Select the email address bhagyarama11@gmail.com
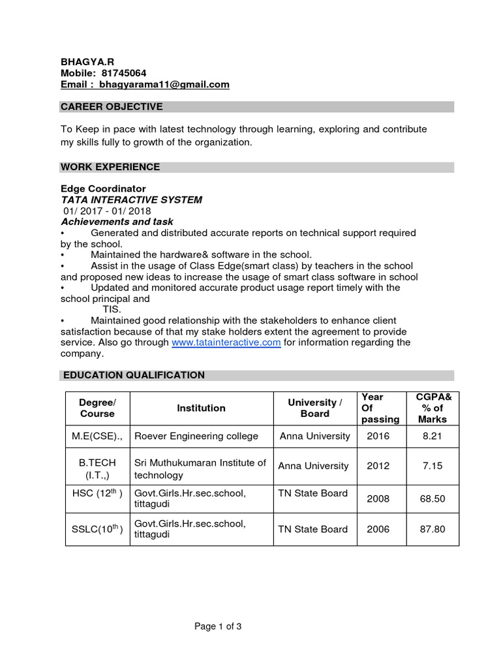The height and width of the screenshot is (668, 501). [x=164, y=85]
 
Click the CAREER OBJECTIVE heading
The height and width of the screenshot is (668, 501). [x=112, y=107]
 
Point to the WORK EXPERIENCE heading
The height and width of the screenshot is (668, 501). [x=110, y=167]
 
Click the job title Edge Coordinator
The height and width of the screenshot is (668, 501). [x=103, y=189]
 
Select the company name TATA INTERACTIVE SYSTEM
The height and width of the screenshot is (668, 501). [x=131, y=200]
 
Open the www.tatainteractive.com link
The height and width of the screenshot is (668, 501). [x=226, y=342]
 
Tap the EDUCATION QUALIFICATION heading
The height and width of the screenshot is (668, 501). [x=134, y=375]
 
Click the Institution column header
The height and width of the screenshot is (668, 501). [x=201, y=408]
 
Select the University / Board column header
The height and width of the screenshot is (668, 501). [x=314, y=408]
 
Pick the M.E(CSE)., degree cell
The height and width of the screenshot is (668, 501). [x=97, y=436]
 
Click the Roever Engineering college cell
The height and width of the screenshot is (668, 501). [x=196, y=436]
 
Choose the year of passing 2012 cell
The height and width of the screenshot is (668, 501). [x=378, y=466]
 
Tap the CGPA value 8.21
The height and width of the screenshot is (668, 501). [x=432, y=436]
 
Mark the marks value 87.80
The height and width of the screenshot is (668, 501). [x=432, y=529]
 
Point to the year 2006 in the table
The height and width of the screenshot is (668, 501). [x=378, y=529]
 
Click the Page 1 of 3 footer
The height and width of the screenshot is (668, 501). [x=218, y=627]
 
